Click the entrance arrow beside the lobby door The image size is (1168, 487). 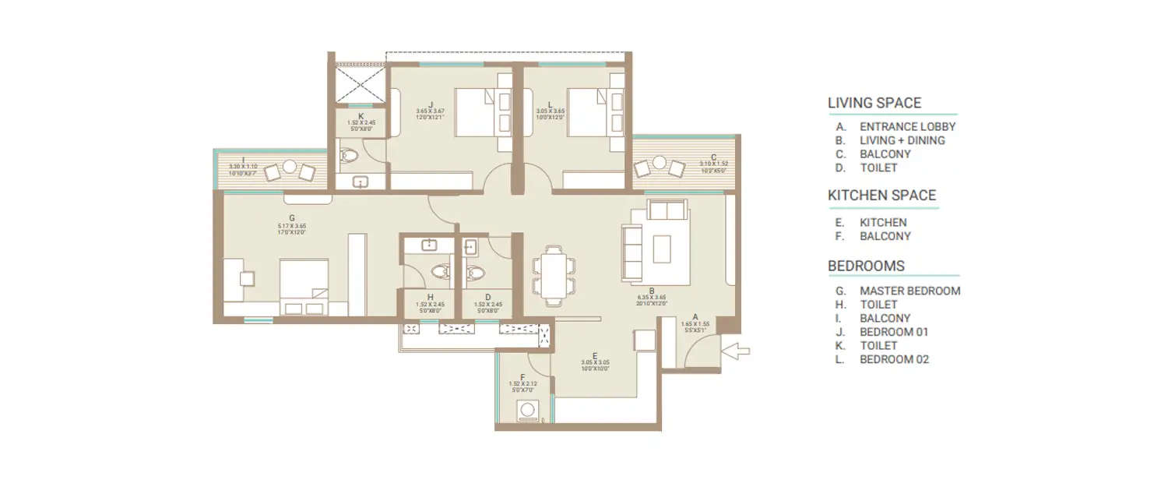(x=736, y=351)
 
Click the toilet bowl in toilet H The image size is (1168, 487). (x=441, y=272)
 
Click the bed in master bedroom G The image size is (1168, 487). (x=304, y=284)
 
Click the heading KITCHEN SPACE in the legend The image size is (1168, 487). (x=881, y=196)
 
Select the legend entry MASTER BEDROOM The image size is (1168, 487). (x=909, y=291)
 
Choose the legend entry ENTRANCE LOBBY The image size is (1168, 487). (x=907, y=126)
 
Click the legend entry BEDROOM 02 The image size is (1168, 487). (x=894, y=359)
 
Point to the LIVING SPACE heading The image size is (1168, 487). (x=874, y=103)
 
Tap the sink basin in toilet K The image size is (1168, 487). (x=361, y=182)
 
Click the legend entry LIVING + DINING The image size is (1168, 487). (x=902, y=140)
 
